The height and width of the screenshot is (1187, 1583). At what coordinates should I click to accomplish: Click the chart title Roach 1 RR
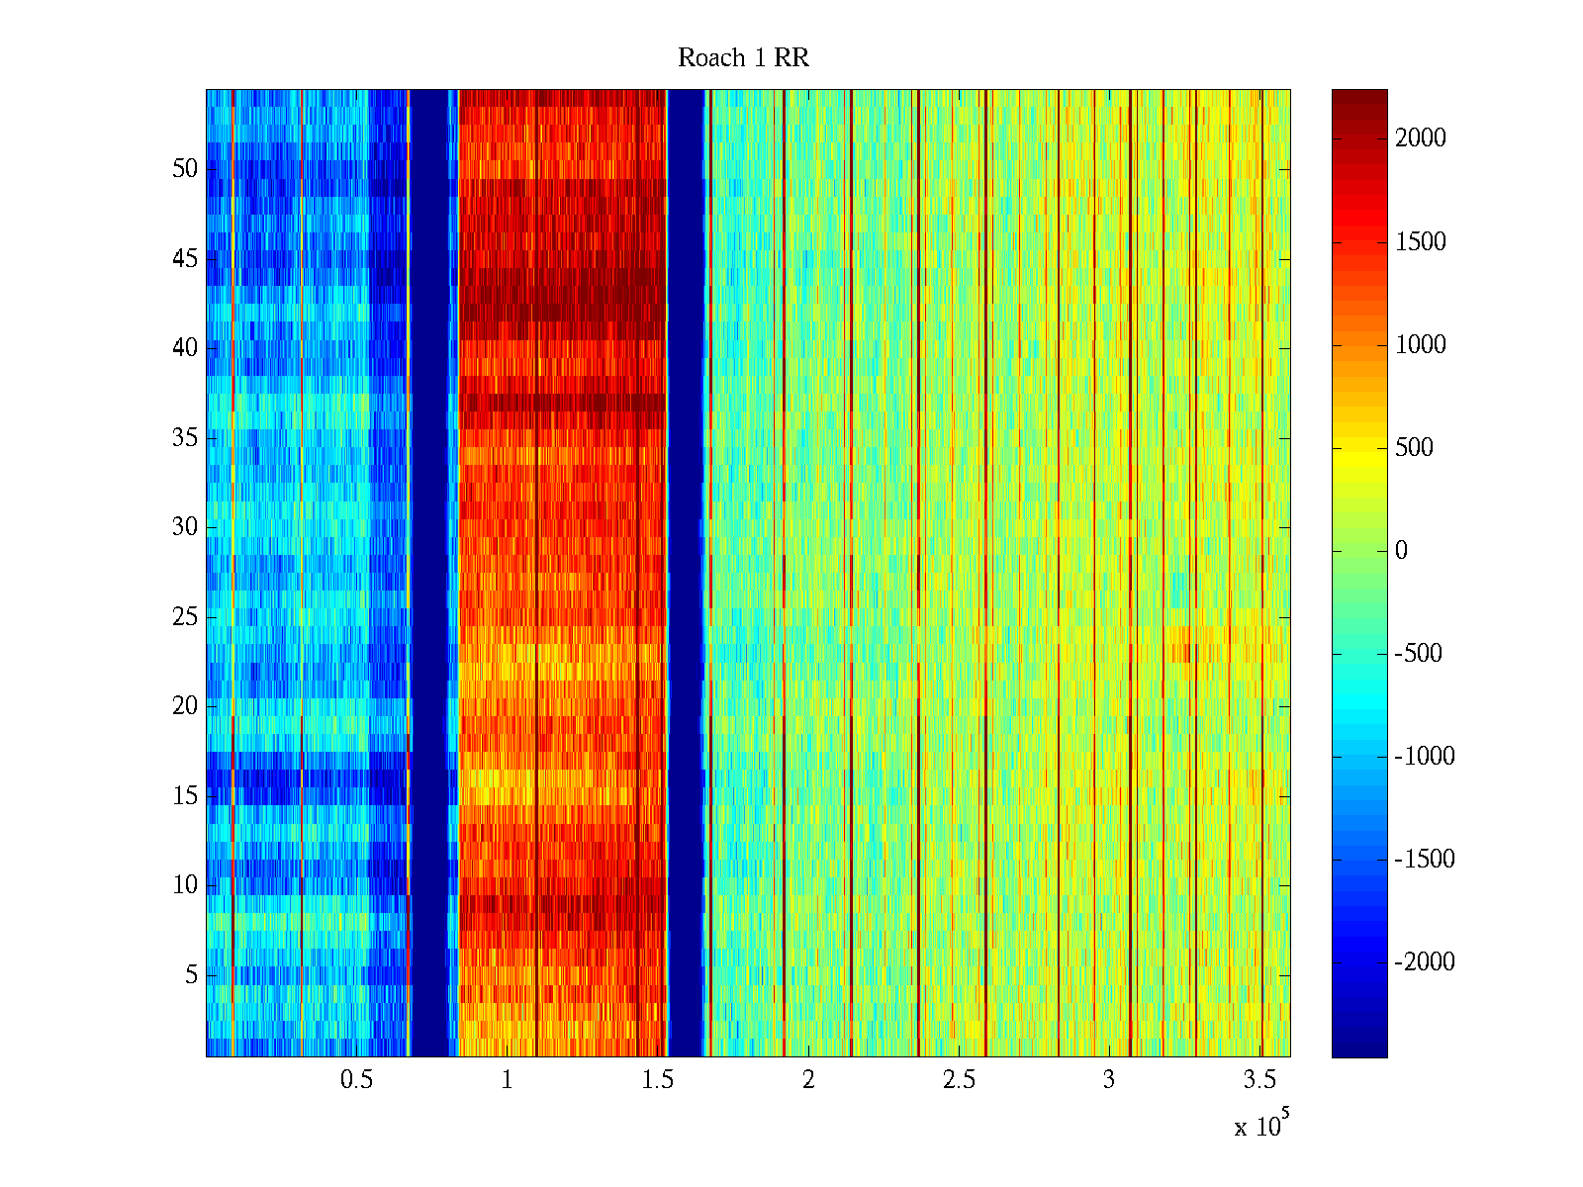point(743,58)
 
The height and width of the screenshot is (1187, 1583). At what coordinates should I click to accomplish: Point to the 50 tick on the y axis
point(185,169)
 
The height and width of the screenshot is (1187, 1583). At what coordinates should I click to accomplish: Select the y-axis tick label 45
point(185,259)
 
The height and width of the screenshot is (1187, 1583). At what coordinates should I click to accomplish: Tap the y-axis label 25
point(185,617)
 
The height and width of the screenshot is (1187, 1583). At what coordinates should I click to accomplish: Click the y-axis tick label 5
point(191,975)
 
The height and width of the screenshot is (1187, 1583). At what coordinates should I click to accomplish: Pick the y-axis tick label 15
point(185,796)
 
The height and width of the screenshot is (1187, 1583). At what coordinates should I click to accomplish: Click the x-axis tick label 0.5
point(356,1080)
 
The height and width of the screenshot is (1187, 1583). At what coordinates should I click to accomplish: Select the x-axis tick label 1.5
point(657,1080)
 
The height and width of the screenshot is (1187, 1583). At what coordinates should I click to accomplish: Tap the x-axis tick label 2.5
point(959,1080)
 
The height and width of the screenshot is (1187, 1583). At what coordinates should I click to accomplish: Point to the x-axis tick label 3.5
point(1259,1080)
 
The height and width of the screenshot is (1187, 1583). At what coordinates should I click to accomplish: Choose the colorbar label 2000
point(1421,138)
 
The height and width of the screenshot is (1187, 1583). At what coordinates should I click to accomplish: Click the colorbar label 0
point(1401,551)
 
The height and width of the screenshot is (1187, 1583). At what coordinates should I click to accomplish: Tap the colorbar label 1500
point(1421,242)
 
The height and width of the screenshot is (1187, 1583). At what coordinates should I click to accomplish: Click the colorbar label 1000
point(1421,345)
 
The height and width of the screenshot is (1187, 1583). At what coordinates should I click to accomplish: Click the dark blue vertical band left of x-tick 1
point(428,574)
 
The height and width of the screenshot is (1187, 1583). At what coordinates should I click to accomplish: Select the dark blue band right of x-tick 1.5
point(686,574)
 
